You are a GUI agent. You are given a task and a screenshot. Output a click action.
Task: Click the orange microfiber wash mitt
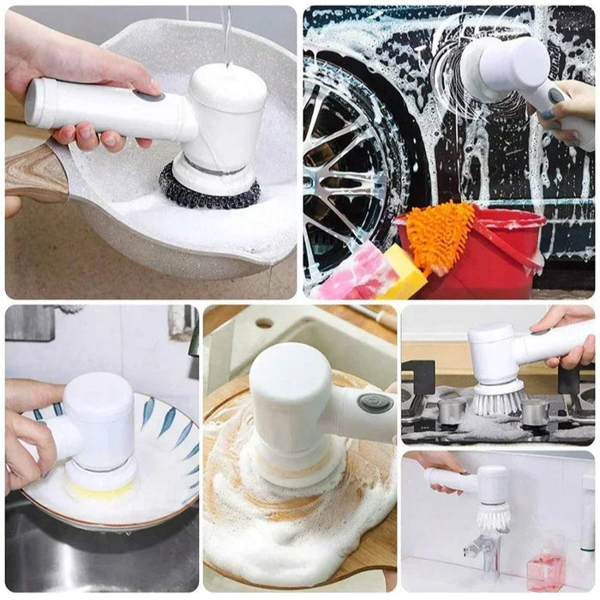click(440, 235)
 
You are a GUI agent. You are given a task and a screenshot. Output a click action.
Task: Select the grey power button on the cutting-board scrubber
click(375, 403)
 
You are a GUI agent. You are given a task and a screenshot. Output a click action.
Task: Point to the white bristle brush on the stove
click(498, 399)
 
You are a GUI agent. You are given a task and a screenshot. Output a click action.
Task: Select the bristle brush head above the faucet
click(494, 516)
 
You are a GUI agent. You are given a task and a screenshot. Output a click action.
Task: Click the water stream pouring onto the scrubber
click(225, 34)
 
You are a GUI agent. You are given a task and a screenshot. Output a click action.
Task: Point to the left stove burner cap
click(451, 411)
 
